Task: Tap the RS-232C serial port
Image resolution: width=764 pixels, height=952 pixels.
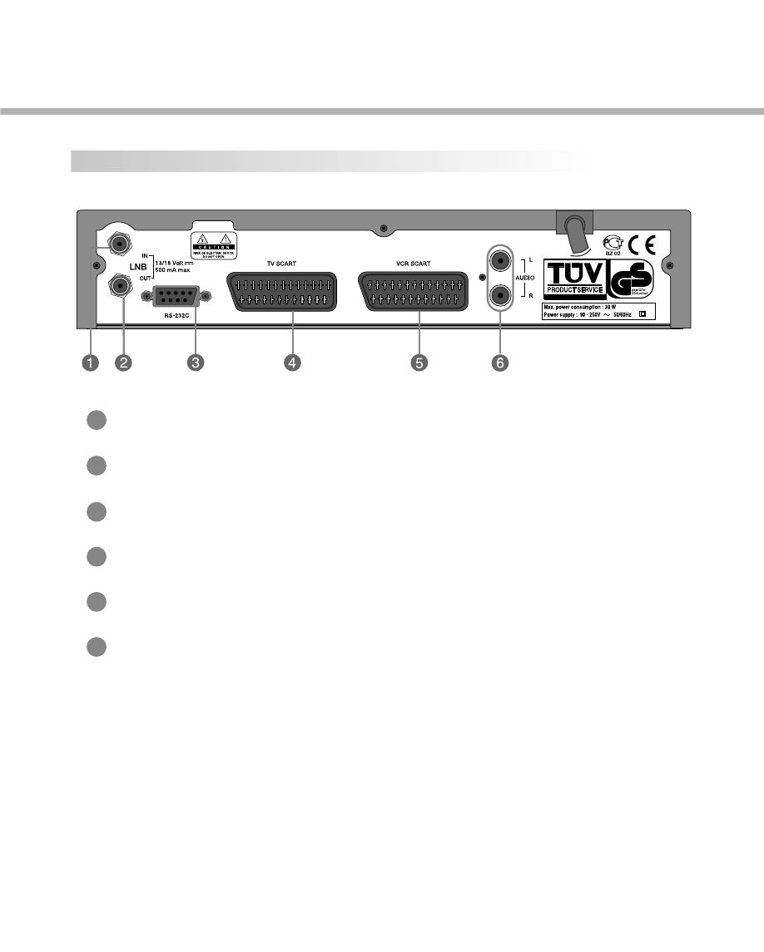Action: point(176,296)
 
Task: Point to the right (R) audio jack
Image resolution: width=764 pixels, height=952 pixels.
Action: point(499,294)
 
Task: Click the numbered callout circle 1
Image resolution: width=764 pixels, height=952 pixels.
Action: point(89,363)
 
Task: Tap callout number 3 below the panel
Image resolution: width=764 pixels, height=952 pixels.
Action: point(196,363)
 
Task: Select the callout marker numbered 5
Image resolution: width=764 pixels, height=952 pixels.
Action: point(419,363)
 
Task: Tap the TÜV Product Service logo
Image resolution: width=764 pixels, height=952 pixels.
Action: point(573,278)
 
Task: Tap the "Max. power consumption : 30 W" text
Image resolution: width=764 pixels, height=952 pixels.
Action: point(583,307)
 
